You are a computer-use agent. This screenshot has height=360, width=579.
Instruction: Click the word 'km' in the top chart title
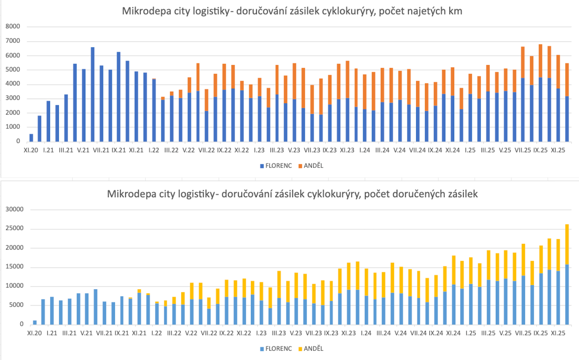click(455, 11)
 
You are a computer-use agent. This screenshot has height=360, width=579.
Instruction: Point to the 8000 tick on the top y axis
click(13, 26)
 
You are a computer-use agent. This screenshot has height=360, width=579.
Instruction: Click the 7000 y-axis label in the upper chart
click(13, 41)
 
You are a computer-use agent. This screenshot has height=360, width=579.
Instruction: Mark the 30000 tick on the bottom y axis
click(14, 209)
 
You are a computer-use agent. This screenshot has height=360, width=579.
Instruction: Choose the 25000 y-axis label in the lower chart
click(14, 228)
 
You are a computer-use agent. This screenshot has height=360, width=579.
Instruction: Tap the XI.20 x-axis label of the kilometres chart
click(31, 150)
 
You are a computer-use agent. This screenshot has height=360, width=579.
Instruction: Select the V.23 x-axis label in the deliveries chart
click(296, 333)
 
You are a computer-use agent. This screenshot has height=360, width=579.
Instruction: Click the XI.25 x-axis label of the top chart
click(558, 150)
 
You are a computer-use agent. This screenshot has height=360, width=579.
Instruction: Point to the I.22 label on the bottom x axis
click(156, 333)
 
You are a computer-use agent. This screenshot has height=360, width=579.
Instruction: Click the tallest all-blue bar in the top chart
click(92, 94)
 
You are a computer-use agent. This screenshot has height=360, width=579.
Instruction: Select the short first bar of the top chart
click(31, 138)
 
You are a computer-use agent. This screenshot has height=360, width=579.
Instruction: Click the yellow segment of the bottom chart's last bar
click(567, 244)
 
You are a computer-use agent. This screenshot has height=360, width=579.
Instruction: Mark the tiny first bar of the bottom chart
click(35, 322)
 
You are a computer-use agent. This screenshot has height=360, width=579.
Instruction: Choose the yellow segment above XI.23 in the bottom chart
click(349, 276)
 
